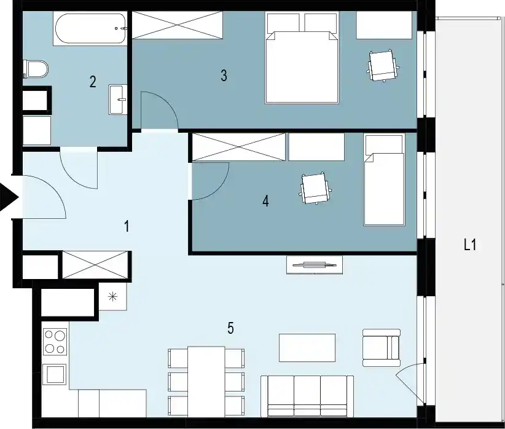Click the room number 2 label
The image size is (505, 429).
[93, 82]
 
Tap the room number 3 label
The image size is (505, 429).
[224, 76]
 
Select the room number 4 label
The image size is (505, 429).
[265, 201]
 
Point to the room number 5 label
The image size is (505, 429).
[230, 328]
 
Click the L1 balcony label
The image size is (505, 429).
[470, 245]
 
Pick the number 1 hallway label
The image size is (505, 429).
[127, 226]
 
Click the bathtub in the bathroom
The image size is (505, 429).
[90, 28]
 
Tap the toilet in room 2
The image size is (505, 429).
[36, 69]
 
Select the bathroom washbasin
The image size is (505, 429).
[118, 100]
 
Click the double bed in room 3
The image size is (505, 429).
[302, 58]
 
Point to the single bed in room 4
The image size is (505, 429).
[384, 180]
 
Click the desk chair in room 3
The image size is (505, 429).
[383, 66]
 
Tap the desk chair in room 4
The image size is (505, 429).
[316, 189]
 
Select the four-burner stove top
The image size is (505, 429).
[55, 342]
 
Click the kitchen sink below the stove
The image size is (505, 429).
[55, 374]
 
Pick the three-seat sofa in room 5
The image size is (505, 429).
[307, 396]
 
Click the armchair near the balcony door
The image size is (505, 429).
[382, 347]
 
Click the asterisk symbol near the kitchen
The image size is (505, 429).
[112, 296]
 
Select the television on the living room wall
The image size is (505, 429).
[315, 265]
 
